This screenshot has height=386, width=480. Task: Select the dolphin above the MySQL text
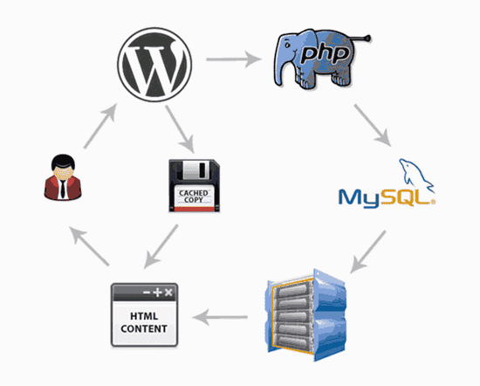tap(411, 171)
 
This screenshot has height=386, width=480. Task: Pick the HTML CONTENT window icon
tap(145, 313)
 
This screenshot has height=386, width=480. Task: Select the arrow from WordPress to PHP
tap(234, 61)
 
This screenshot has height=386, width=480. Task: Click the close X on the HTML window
tap(169, 291)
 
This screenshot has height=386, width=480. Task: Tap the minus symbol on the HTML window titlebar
tap(145, 291)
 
